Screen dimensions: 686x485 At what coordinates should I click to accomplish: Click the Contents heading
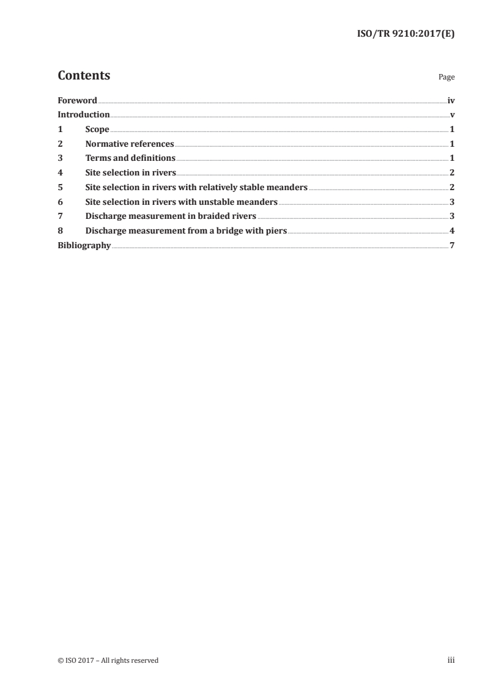tap(84, 76)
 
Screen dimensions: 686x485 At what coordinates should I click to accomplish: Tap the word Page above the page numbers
tap(446, 78)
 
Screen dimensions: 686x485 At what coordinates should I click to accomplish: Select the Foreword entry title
tap(77, 100)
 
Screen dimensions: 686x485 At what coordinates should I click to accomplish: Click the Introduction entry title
tap(84, 115)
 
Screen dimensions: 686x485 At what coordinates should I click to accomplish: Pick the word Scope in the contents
tap(97, 130)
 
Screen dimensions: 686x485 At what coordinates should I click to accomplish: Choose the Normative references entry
tap(130, 144)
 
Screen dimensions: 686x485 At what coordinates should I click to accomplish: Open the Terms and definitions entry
tap(130, 158)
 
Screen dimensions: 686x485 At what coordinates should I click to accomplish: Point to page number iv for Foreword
tap(451, 100)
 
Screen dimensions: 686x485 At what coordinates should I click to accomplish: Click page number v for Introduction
tap(453, 115)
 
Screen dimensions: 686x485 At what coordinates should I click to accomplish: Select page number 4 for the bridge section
tap(453, 231)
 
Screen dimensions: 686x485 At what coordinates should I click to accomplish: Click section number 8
tap(60, 231)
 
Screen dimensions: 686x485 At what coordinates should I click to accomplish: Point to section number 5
tap(60, 187)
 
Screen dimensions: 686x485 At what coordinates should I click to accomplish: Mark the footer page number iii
tap(451, 660)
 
